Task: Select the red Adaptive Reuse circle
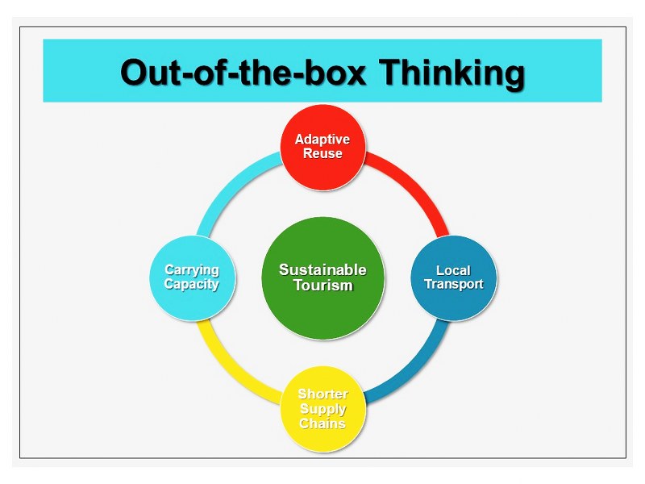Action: [322, 146]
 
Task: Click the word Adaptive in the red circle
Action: [322, 140]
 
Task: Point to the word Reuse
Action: [322, 153]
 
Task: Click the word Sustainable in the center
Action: [322, 269]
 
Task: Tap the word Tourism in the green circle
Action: [322, 286]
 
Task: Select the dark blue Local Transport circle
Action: [454, 277]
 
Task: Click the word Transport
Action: [454, 284]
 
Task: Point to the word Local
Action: [453, 270]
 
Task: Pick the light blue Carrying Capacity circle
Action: [192, 277]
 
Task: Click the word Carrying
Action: [192, 270]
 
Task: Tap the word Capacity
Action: [192, 284]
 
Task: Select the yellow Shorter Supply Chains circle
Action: [322, 408]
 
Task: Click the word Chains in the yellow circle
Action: [322, 423]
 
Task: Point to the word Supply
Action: [322, 409]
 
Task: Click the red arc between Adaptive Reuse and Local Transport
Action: [410, 186]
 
